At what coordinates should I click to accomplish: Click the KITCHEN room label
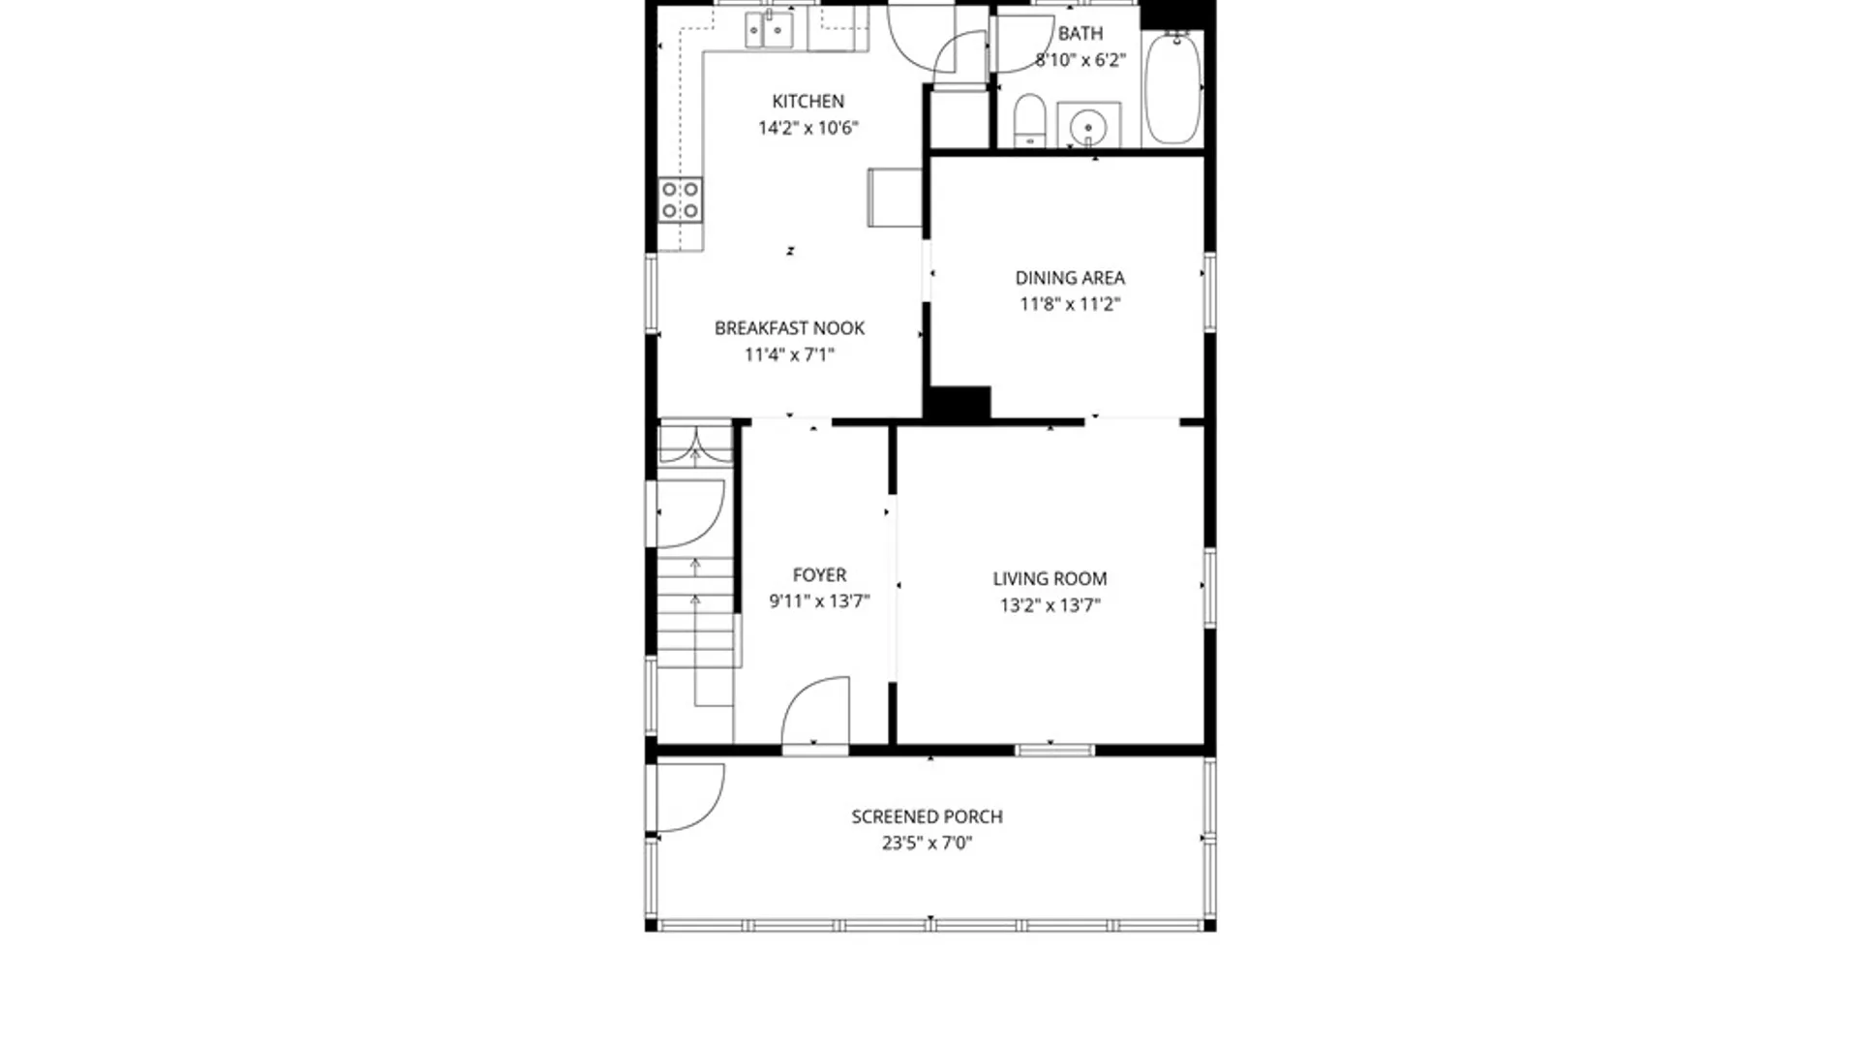[808, 101]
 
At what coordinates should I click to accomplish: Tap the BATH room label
[1080, 34]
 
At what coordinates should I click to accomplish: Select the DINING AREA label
[1070, 278]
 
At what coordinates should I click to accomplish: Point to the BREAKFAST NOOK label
[789, 328]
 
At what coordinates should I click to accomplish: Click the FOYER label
[819, 575]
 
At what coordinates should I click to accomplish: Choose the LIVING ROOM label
[1050, 579]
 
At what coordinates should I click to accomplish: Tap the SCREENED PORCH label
[927, 817]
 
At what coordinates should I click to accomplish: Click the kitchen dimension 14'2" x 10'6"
[808, 128]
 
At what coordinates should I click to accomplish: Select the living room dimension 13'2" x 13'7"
[1050, 605]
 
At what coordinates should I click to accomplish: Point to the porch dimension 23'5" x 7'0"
[927, 844]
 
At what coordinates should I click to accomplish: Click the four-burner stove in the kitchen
[680, 200]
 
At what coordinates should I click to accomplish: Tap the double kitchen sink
[769, 30]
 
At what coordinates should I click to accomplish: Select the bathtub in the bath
[1173, 88]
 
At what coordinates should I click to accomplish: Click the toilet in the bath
[1029, 120]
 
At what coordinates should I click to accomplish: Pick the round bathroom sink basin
[1089, 127]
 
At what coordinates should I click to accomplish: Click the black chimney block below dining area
[957, 403]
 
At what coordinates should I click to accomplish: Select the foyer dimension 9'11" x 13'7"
[819, 601]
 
